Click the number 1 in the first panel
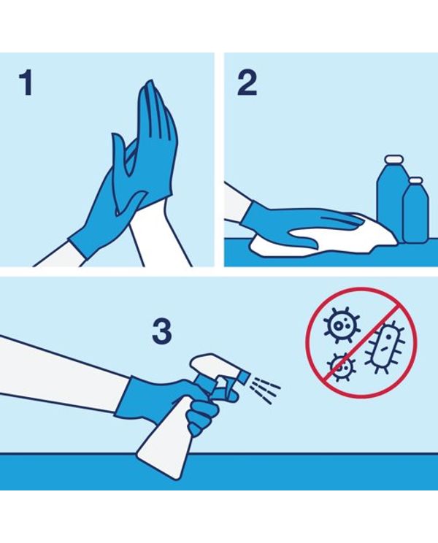click(27, 82)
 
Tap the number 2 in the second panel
click(247, 82)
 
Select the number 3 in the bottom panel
click(162, 331)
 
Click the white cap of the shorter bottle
click(415, 181)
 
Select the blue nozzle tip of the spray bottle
click(243, 377)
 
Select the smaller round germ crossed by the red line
click(342, 367)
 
